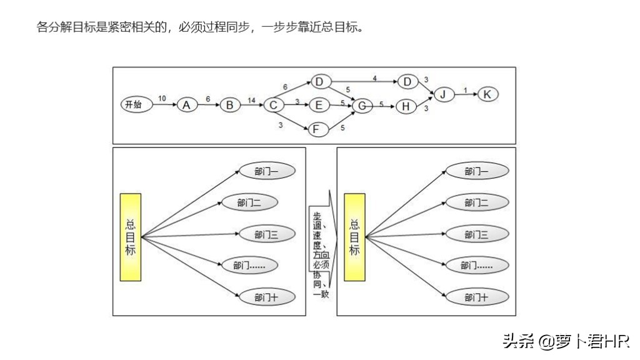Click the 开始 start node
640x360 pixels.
(x=134, y=104)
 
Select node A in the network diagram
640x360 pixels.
(x=186, y=105)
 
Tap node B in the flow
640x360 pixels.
(x=230, y=105)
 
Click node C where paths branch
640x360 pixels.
(x=273, y=105)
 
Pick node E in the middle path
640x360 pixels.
(x=319, y=105)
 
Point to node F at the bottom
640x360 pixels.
(x=319, y=129)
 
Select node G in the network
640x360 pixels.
(x=362, y=106)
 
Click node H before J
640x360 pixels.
(x=406, y=106)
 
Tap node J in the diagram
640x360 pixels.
(x=443, y=94)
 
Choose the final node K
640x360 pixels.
(x=487, y=94)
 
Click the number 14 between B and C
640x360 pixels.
(x=251, y=99)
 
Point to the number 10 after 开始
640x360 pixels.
(x=162, y=99)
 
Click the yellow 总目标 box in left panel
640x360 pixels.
(x=131, y=237)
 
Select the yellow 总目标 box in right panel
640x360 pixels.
(x=354, y=237)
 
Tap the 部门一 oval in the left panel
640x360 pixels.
(x=266, y=171)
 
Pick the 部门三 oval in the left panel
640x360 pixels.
(x=266, y=234)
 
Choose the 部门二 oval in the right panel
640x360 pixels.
(x=476, y=202)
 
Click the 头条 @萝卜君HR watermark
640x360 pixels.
(x=566, y=341)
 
